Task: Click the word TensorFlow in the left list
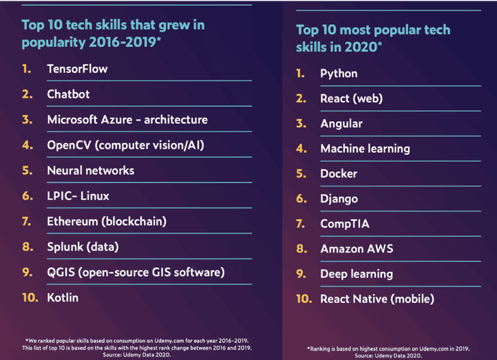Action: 77,69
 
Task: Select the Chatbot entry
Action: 68,94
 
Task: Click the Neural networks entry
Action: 90,171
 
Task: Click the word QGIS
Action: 62,273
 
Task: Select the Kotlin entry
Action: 63,298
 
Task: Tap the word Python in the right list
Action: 339,74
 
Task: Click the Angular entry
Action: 341,124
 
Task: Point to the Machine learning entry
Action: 365,149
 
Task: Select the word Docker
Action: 339,173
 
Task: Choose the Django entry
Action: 339,199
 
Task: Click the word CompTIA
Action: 345,224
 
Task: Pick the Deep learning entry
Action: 357,274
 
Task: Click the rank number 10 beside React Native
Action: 304,299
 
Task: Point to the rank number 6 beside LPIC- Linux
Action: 28,196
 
